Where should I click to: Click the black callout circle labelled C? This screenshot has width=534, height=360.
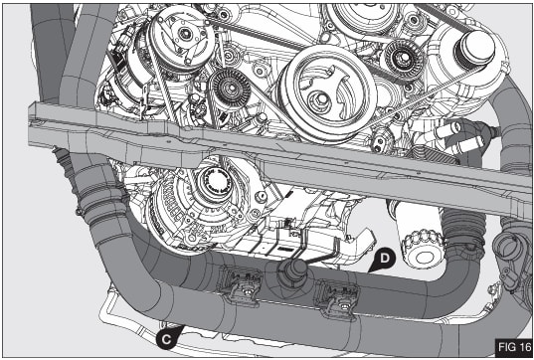(x=169, y=338)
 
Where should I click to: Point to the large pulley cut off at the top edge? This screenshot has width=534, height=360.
(x=363, y=15)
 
